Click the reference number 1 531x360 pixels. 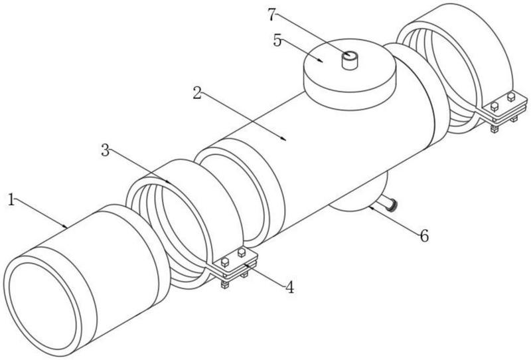pyautogui.click(x=11, y=199)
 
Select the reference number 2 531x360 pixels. pyautogui.click(x=196, y=94)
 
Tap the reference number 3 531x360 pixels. pyautogui.click(x=105, y=149)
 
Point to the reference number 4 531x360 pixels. pyautogui.click(x=289, y=287)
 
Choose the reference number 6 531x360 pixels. pyautogui.click(x=423, y=234)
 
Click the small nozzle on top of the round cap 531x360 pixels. pyautogui.click(x=348, y=61)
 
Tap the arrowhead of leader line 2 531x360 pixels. pyautogui.click(x=285, y=140)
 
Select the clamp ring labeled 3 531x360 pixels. pyautogui.click(x=179, y=213)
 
